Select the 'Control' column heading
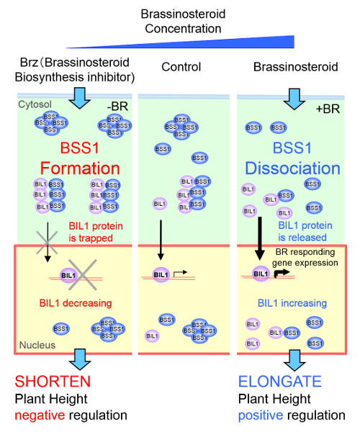[181, 67]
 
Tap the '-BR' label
[115, 107]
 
